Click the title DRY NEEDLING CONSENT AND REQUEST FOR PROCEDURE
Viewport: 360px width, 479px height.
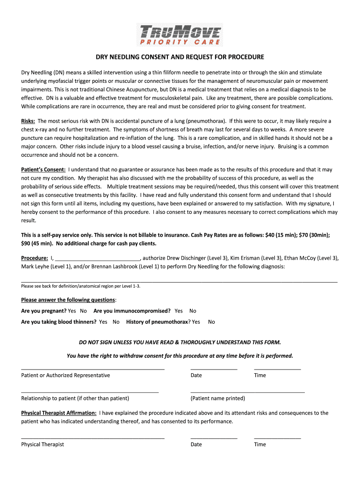[180, 57]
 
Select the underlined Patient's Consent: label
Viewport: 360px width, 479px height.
[43, 169]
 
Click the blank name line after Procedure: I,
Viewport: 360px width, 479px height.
[98, 258]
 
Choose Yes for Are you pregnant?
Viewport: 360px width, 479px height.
[72, 311]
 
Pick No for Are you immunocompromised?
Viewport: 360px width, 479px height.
[193, 311]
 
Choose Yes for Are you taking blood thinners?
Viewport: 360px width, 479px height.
[103, 322]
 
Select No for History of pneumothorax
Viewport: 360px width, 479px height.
[211, 322]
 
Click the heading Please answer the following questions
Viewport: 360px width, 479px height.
[68, 300]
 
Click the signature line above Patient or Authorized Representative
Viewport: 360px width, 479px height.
[93, 369]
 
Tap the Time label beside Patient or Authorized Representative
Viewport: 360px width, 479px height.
[260, 375]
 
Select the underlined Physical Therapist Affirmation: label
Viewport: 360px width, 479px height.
[59, 413]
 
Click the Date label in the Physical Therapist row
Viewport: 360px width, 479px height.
[196, 444]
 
